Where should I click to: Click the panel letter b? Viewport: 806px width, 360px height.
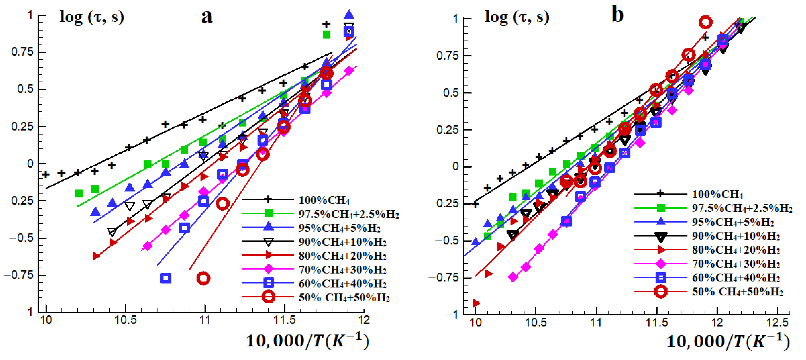click(617, 15)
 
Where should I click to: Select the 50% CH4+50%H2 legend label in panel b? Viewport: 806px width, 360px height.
click(737, 292)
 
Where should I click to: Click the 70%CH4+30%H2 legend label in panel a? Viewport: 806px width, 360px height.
click(342, 270)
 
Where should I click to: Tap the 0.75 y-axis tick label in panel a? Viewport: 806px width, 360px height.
click(22, 52)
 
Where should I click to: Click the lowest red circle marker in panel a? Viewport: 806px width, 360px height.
click(203, 278)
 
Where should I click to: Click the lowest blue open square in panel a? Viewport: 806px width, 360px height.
click(166, 278)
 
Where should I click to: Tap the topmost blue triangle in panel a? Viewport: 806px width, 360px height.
click(349, 14)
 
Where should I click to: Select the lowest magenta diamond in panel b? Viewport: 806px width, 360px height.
click(513, 277)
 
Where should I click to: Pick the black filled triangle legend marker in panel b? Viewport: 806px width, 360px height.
click(661, 237)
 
